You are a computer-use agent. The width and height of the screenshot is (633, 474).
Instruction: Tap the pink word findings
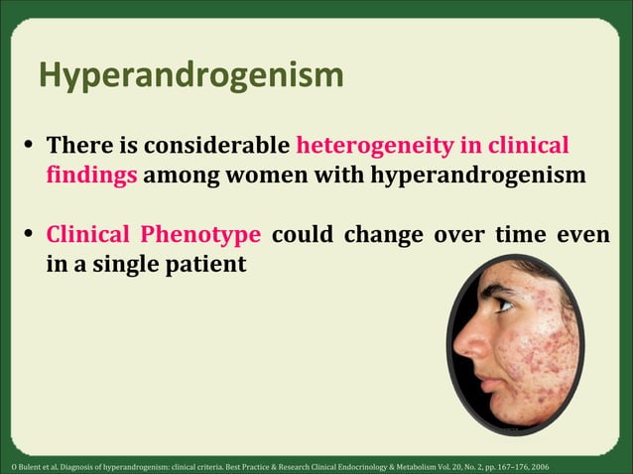(x=93, y=177)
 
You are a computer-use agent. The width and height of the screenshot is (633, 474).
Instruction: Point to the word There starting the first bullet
(x=78, y=146)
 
